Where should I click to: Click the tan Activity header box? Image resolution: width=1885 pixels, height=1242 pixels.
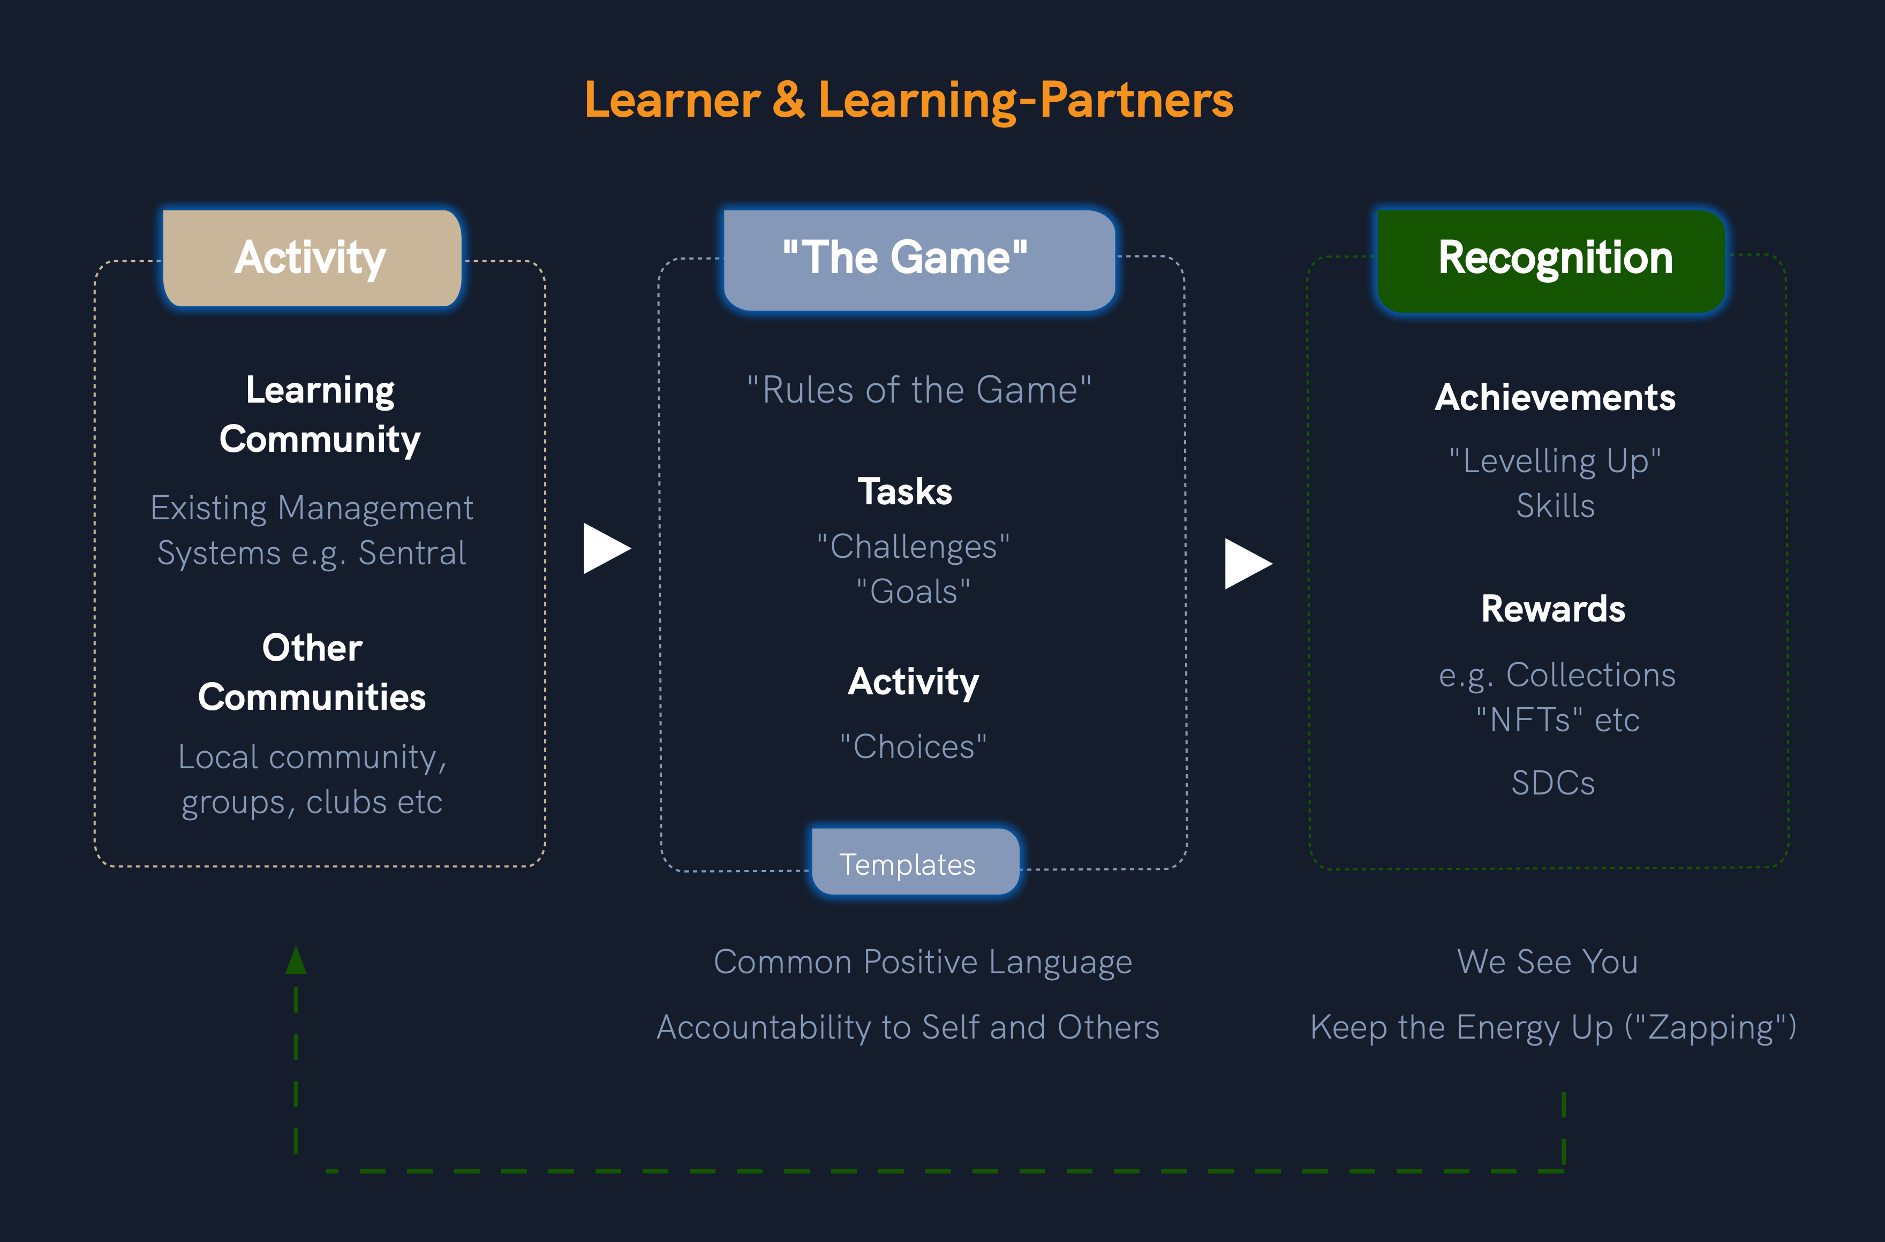(311, 258)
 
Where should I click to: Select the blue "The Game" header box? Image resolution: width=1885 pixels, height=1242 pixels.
(919, 259)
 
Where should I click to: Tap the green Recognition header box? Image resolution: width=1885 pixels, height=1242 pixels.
(1551, 260)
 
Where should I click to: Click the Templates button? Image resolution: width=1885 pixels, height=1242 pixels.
(915, 862)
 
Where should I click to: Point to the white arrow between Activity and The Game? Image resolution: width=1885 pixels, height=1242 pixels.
(605, 548)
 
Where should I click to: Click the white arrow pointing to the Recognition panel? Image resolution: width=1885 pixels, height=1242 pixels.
(1246, 564)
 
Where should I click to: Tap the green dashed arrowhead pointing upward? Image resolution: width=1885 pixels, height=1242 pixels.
(296, 961)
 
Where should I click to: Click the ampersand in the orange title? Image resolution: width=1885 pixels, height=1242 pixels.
(788, 101)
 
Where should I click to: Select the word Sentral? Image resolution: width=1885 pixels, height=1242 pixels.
(412, 553)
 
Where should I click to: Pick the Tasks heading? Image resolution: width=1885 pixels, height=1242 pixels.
(905, 492)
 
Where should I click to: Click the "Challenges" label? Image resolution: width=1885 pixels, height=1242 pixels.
(914, 547)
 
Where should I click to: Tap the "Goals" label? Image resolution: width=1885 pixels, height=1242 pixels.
(914, 592)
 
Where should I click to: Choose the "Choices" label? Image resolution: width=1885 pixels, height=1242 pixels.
(914, 746)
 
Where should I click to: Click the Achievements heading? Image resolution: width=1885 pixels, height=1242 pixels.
(1555, 398)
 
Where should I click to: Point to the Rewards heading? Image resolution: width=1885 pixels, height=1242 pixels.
(1553, 609)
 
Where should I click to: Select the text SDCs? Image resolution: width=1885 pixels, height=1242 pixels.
(1553, 783)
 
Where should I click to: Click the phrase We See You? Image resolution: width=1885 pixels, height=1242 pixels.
(1548, 961)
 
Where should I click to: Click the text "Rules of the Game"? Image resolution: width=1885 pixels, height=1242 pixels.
(919, 390)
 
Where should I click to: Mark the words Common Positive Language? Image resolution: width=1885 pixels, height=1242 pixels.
(923, 961)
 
